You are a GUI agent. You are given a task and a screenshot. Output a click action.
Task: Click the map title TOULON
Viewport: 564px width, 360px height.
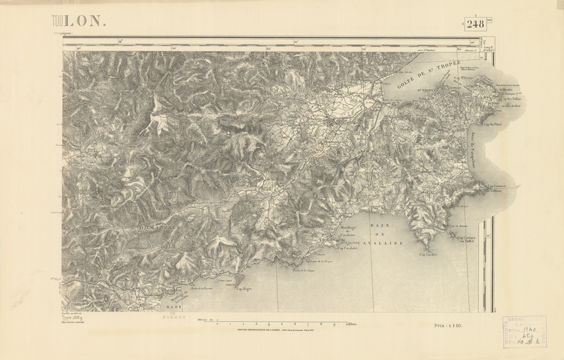(79, 21)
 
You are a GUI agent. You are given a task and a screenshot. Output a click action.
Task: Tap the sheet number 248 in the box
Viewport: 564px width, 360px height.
(475, 24)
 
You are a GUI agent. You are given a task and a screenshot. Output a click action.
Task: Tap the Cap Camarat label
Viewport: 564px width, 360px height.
(497, 186)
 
